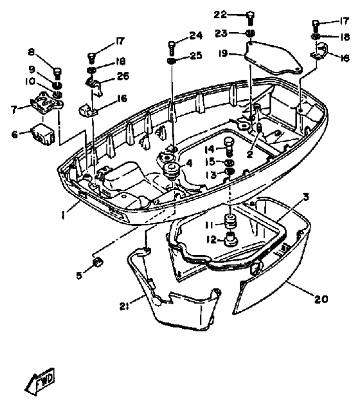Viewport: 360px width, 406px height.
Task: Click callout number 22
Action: [x=221, y=14]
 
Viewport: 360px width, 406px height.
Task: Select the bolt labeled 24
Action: [x=172, y=46]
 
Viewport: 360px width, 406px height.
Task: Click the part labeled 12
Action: [x=230, y=241]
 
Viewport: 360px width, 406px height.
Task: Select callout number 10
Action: [x=31, y=82]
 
